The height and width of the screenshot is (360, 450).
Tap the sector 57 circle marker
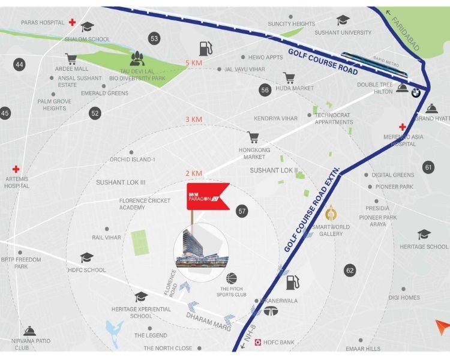tap(242, 211)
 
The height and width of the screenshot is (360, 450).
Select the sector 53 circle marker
tap(155, 39)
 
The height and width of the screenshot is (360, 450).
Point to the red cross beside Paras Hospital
tap(73, 23)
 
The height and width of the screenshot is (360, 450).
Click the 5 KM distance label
tap(194, 63)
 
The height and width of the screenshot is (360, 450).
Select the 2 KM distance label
tap(194, 173)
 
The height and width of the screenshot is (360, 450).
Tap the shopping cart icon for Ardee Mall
tap(71, 59)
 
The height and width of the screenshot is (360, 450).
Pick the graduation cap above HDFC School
tap(87, 257)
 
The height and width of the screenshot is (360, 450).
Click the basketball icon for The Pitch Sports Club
tap(232, 278)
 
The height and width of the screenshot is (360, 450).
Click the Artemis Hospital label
tap(16, 182)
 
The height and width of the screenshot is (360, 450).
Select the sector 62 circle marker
tap(350, 270)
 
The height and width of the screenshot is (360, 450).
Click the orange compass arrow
tap(442, 328)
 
